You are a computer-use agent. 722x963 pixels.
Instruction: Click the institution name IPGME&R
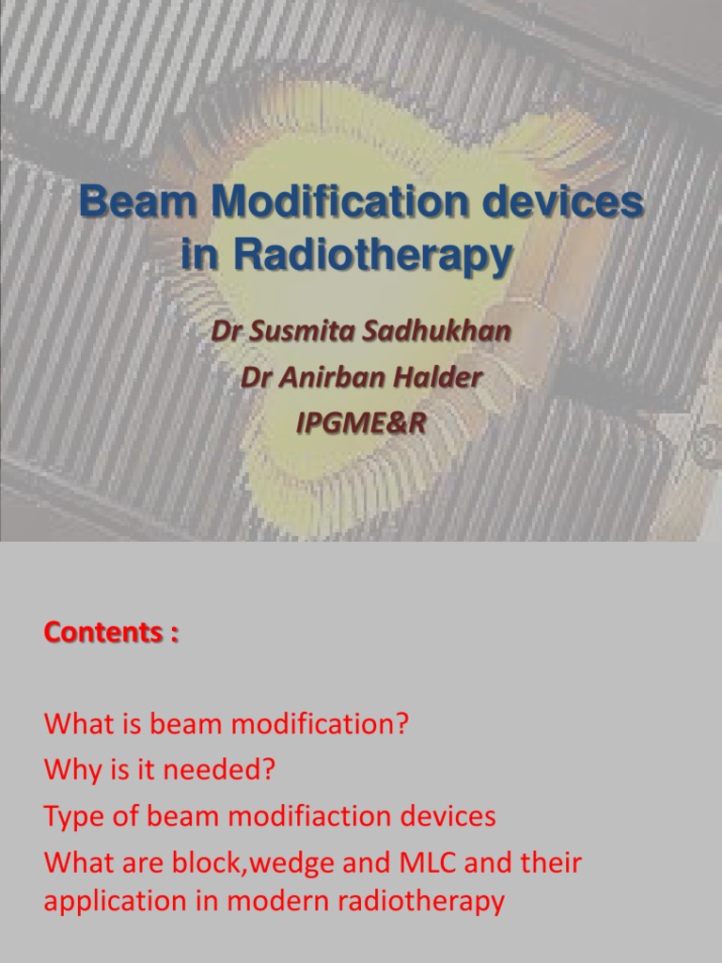pyautogui.click(x=361, y=423)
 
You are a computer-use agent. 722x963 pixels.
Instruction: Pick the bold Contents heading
pyautogui.click(x=110, y=633)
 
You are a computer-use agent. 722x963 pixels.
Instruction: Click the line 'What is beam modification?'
pyautogui.click(x=227, y=725)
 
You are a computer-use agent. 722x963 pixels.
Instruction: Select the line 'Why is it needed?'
pyautogui.click(x=160, y=770)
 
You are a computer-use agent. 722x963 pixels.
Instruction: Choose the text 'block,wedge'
pyautogui.click(x=256, y=861)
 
